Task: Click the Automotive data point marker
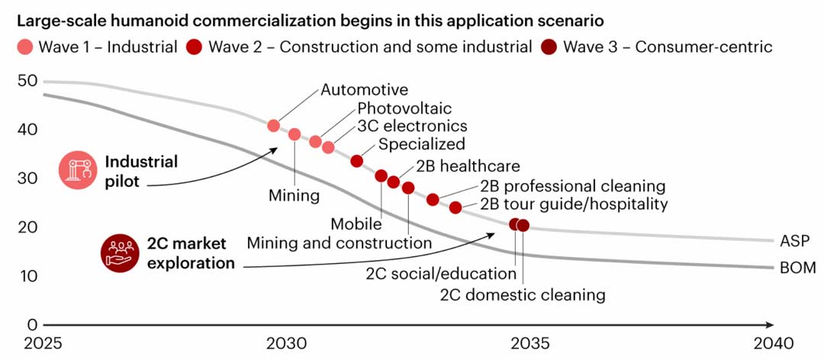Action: pos(274,126)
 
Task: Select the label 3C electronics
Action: pos(412,127)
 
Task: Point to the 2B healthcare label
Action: pos(468,166)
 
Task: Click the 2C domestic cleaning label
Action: pos(523,294)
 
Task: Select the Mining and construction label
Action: pos(339,243)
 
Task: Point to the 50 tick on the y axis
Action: pos(27,81)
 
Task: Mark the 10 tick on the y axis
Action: pos(27,275)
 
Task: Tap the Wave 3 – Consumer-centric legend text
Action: pos(668,47)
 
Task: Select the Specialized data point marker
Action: pos(356,161)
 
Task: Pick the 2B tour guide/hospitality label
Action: pos(574,204)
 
